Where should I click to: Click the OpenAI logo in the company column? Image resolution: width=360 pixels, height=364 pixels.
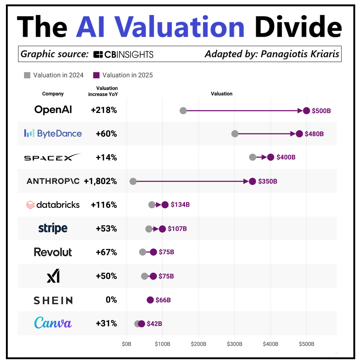(x=53, y=110)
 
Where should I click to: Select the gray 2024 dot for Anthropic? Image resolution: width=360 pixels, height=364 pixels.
(x=133, y=181)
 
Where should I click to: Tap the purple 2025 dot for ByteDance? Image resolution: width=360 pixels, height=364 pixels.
(x=299, y=134)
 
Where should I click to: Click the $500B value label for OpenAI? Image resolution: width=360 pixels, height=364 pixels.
(x=321, y=110)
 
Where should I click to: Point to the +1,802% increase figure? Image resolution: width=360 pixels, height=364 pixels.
(x=100, y=181)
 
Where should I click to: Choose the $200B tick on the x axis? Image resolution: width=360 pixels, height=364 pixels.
(x=199, y=344)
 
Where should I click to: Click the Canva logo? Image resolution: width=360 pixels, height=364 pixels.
(x=53, y=323)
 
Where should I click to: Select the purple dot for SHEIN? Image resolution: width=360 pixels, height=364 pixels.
(x=150, y=300)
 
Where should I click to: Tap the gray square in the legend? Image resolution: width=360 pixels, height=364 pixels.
(x=27, y=75)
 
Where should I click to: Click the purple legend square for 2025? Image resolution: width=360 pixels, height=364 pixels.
(x=96, y=75)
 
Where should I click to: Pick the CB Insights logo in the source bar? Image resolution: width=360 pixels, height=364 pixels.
(x=123, y=55)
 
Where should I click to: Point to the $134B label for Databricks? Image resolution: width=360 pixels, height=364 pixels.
(x=180, y=205)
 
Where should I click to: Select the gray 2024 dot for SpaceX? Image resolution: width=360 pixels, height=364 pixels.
(x=253, y=157)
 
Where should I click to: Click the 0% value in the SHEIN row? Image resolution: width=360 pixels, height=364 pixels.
(x=111, y=300)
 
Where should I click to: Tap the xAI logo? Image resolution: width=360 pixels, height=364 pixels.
(x=53, y=276)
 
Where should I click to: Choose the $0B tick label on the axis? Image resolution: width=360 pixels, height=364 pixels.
(x=127, y=344)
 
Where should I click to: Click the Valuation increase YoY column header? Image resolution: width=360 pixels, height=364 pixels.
(x=103, y=91)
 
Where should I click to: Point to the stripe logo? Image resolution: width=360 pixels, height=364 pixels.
(x=53, y=229)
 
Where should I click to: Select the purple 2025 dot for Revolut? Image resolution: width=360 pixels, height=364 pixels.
(x=153, y=252)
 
